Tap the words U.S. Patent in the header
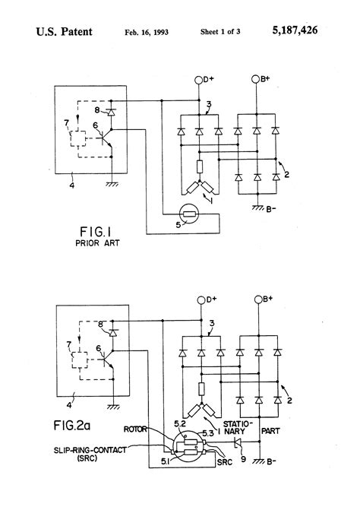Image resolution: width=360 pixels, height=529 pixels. click(65, 33)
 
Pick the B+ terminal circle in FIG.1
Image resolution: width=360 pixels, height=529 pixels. click(255, 79)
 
